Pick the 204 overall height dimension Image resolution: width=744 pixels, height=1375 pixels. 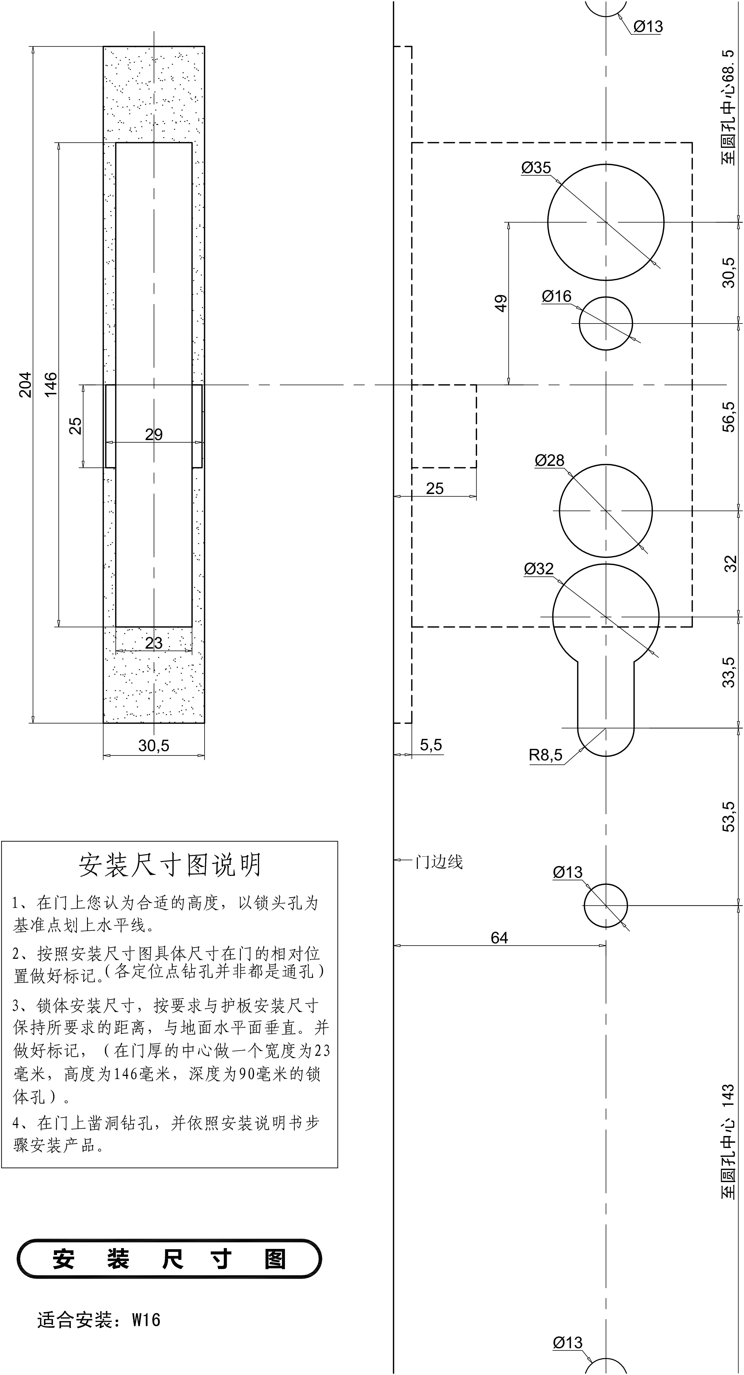pyautogui.click(x=25, y=384)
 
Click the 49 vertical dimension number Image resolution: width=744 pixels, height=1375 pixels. pyautogui.click(x=501, y=303)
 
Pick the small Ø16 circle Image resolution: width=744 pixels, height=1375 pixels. pyautogui.click(x=606, y=324)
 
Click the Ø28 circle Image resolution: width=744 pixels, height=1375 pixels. pyautogui.click(x=606, y=511)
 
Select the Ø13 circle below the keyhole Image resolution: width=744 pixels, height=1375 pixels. pyautogui.click(x=606, y=906)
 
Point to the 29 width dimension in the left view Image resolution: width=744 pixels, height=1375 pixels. pyautogui.click(x=154, y=434)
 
